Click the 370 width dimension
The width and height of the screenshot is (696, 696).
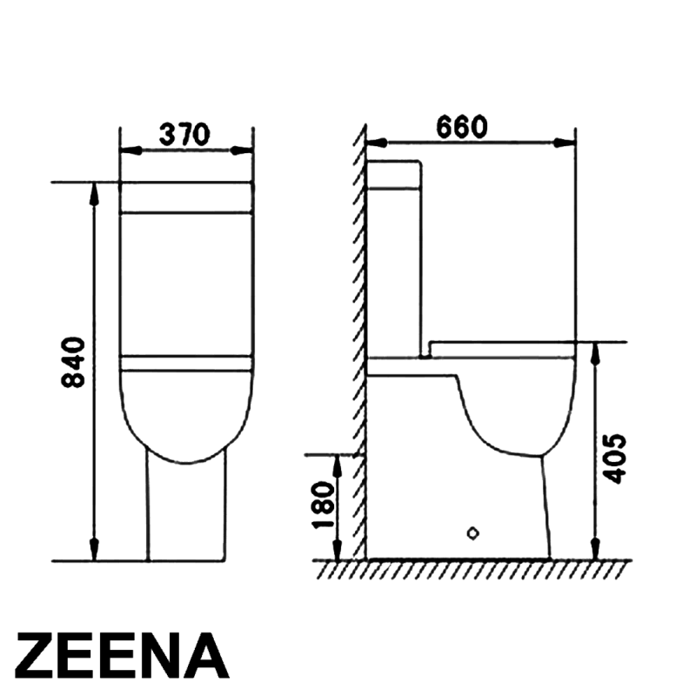point(184,135)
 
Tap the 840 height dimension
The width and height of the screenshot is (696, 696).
point(73,362)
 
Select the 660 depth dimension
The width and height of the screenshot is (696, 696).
point(462,127)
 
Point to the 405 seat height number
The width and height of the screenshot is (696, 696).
point(616,458)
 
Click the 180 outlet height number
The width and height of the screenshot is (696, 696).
point(323,505)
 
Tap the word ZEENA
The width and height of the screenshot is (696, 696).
point(123,656)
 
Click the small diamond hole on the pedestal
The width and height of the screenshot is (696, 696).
point(473,533)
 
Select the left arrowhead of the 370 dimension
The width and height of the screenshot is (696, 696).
point(131,151)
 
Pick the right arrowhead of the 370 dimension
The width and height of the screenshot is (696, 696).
point(241,151)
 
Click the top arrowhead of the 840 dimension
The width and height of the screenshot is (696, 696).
point(94,193)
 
